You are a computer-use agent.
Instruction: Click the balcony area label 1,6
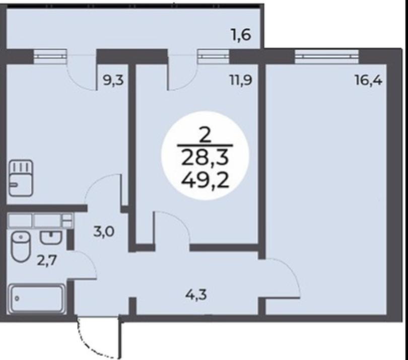(241, 35)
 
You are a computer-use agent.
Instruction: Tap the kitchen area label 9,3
(113, 81)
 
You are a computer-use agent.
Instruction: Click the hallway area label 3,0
(104, 232)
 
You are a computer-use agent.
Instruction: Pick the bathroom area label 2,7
(47, 260)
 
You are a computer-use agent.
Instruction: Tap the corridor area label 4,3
(196, 295)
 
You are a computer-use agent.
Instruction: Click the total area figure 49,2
(205, 181)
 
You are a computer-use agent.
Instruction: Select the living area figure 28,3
(205, 158)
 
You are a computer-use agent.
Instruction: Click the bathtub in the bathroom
(37, 299)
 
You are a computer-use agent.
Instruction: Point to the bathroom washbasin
(51, 238)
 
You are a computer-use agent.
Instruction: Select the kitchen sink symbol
(21, 178)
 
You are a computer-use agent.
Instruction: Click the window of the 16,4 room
(326, 56)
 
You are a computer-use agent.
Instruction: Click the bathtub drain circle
(17, 299)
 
